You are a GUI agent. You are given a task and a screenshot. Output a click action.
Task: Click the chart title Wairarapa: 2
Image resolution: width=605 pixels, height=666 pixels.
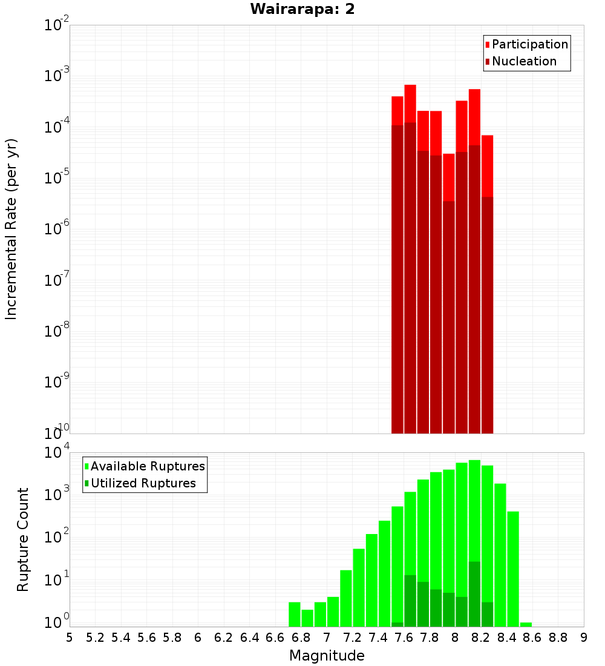(x=302, y=9)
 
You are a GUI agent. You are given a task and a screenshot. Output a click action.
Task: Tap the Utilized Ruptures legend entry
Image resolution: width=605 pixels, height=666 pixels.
(x=143, y=483)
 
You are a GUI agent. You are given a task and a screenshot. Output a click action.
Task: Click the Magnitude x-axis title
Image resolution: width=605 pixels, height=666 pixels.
(x=327, y=656)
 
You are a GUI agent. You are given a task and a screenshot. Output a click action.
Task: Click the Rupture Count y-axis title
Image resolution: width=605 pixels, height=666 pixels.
(x=23, y=539)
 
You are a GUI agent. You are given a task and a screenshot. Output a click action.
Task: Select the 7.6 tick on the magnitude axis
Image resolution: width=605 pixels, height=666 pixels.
(x=404, y=638)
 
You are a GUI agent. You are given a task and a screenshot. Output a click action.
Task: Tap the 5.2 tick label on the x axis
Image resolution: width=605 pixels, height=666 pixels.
(x=96, y=638)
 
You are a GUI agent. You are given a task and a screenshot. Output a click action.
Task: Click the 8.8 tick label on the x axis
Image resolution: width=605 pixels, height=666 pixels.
(x=558, y=638)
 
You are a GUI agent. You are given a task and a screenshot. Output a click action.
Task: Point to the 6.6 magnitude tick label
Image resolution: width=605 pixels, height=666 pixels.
(x=275, y=638)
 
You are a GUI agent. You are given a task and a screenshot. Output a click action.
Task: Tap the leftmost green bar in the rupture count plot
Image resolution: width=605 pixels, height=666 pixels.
(x=295, y=615)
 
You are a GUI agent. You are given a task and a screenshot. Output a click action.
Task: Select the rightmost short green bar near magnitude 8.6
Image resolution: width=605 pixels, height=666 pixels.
(x=526, y=624)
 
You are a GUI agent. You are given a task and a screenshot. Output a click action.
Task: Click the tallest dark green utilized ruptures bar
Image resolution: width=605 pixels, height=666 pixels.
(x=474, y=593)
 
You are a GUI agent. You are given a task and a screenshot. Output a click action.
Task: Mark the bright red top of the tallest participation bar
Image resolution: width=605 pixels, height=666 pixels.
(x=410, y=103)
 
